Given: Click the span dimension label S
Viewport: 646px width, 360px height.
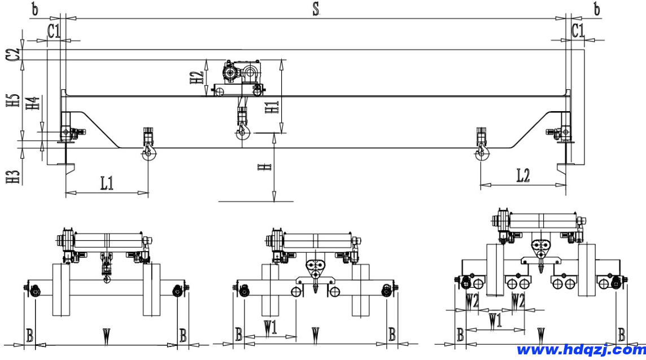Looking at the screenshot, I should coord(316,10).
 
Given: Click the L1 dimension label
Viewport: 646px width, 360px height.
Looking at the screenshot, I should coord(107,183).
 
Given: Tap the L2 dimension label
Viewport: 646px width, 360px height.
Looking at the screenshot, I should coord(523,175).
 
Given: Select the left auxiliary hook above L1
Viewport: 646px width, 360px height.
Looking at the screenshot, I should coord(149,152).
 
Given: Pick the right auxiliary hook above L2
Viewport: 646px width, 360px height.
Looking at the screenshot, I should coord(482,152).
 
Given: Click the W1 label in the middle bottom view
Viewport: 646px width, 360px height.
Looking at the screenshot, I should coord(270,327).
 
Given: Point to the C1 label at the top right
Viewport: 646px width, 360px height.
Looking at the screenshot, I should coord(578,32).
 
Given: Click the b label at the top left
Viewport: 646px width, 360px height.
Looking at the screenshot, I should coord(35,10).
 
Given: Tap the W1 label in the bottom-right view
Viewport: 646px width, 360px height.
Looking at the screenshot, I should coord(495,322).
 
